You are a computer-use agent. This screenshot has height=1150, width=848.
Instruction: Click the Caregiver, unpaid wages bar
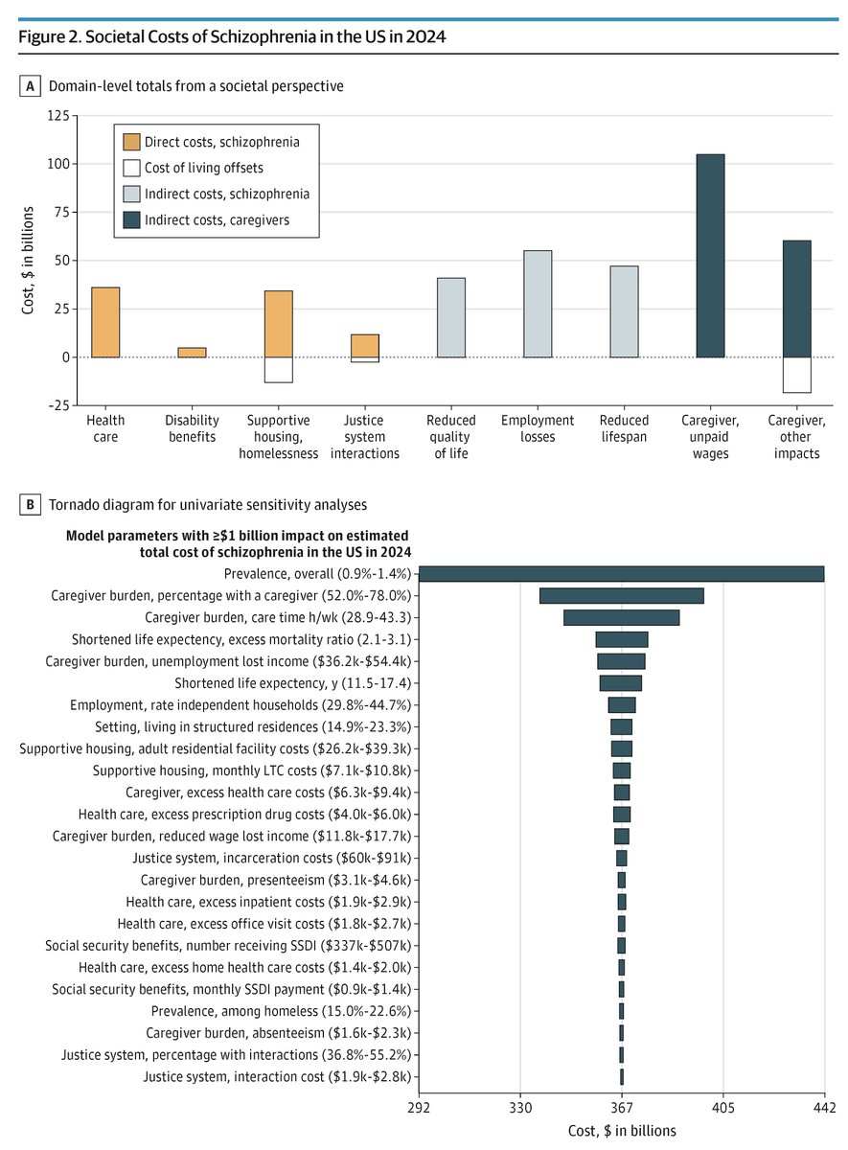[710, 256]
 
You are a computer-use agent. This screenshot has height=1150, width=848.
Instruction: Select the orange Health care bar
[105, 322]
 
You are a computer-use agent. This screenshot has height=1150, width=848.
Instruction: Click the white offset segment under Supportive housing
[279, 370]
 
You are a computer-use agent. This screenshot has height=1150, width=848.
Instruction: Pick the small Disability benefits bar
[192, 353]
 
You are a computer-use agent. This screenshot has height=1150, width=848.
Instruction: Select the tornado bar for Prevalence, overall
[622, 574]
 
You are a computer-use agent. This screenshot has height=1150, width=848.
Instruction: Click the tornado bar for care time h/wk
[621, 617]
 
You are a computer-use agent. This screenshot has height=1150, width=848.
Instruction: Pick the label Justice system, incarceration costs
[276, 858]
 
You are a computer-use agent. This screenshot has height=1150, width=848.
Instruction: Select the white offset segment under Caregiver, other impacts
[796, 375]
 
